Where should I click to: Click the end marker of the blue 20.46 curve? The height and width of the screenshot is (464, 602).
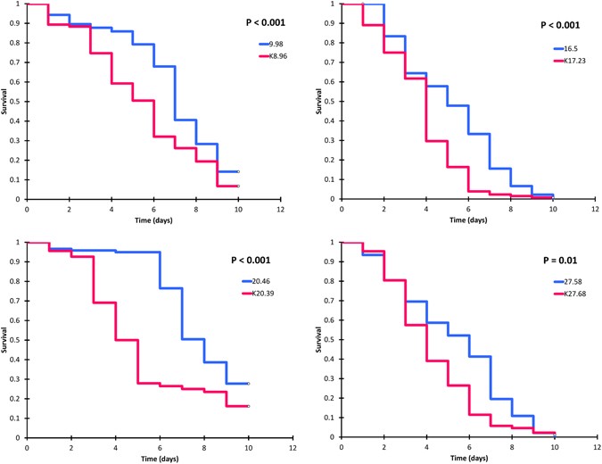click(x=248, y=384)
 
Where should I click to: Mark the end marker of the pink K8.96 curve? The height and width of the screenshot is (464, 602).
click(x=238, y=186)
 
